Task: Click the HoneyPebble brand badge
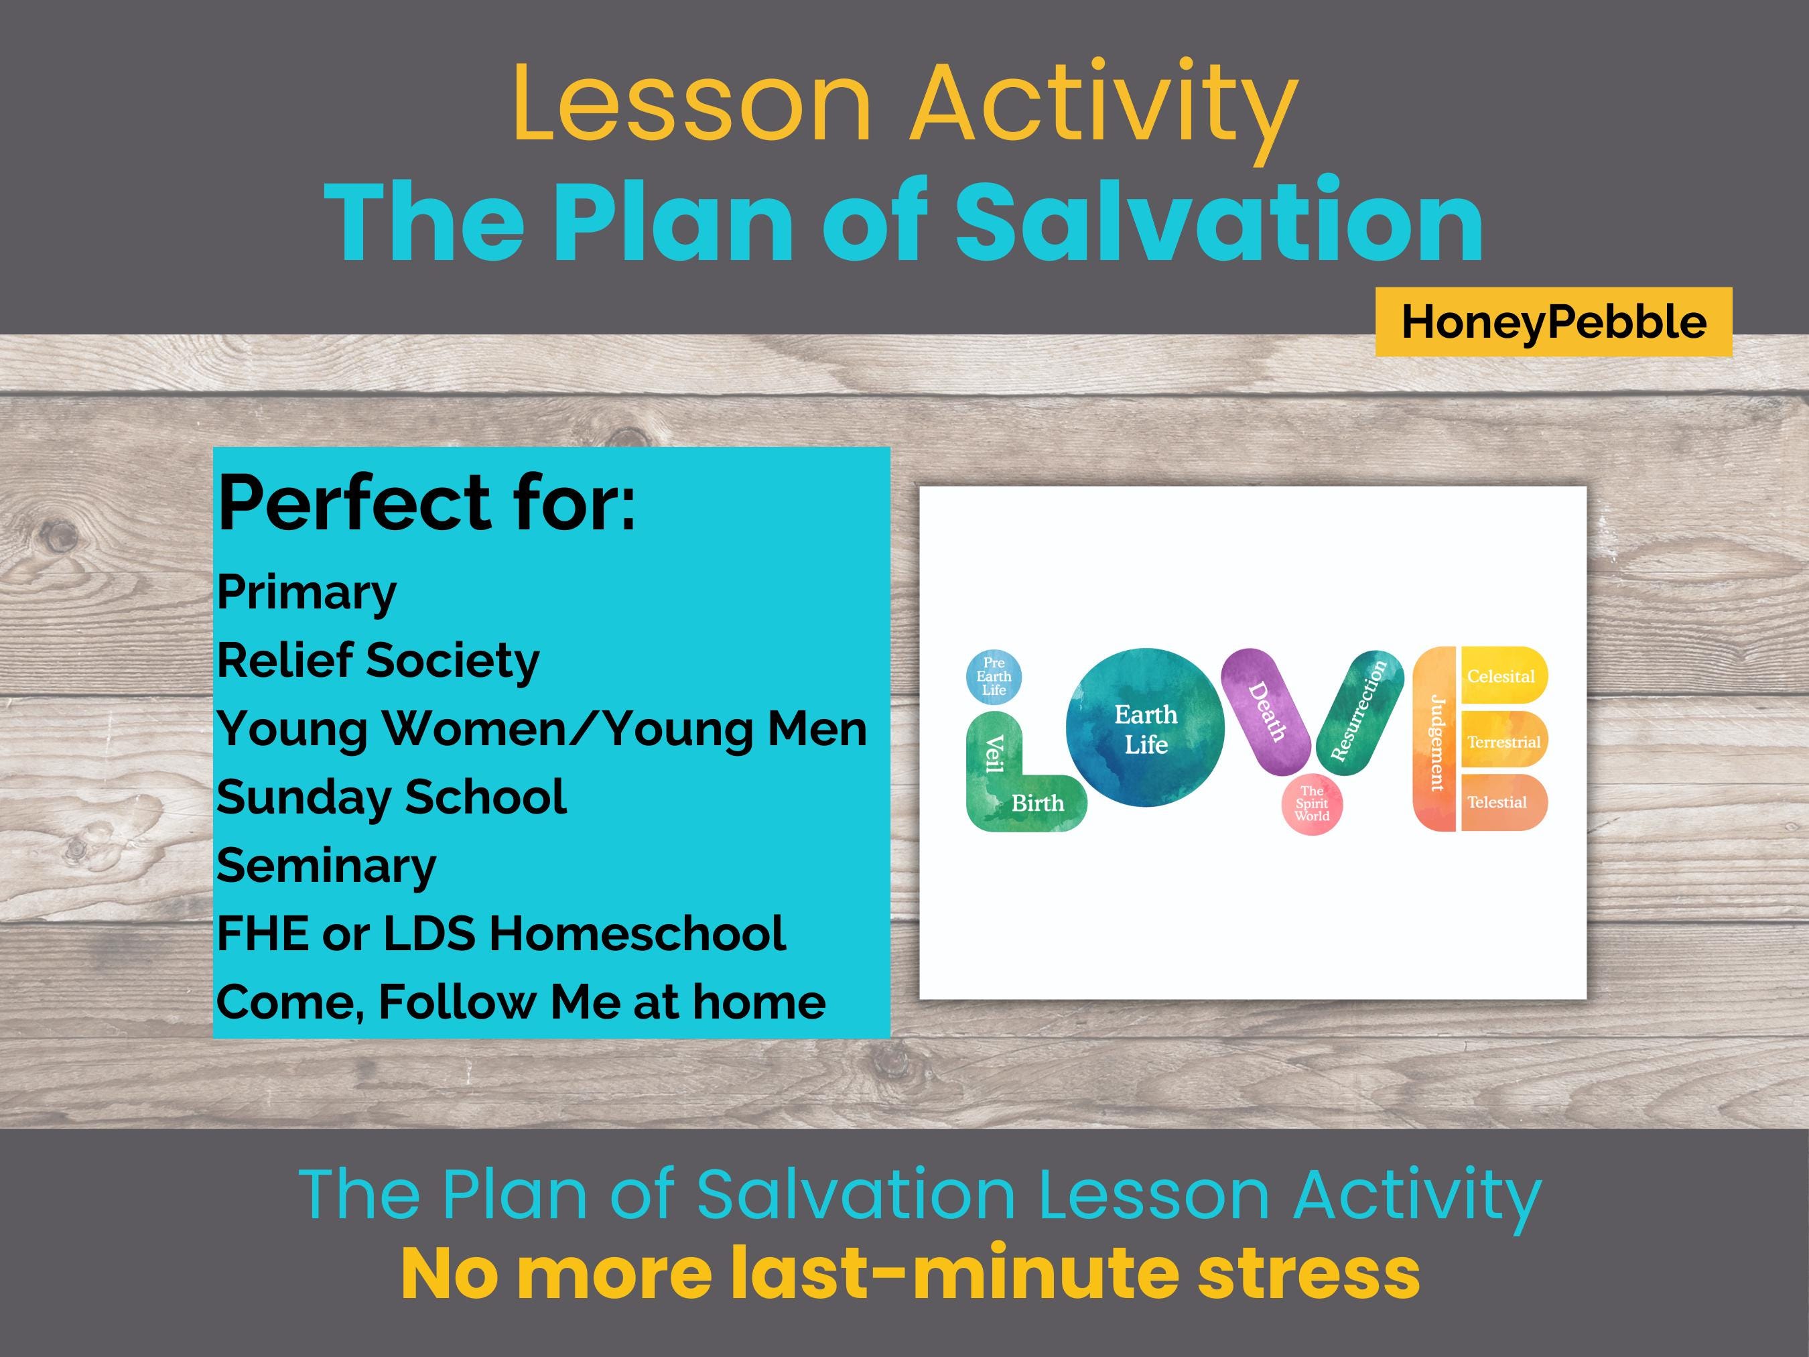pos(1553,322)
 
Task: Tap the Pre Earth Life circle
pos(994,676)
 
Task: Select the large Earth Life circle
pos(1145,728)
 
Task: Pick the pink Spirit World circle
pos(1312,804)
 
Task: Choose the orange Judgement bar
pos(1435,738)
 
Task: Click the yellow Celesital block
pos(1504,675)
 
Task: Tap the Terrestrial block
pos(1504,740)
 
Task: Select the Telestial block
pos(1504,802)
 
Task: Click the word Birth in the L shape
pos(1038,803)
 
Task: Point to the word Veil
pos(993,753)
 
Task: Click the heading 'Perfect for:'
pos(426,505)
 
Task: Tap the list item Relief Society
pos(378,661)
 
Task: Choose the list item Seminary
pos(326,866)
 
